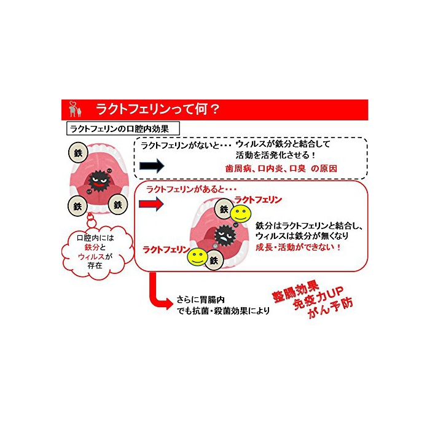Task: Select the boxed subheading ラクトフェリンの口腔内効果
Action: (x=122, y=128)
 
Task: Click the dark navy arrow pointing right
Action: (x=151, y=166)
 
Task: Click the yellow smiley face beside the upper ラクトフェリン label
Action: (x=240, y=214)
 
